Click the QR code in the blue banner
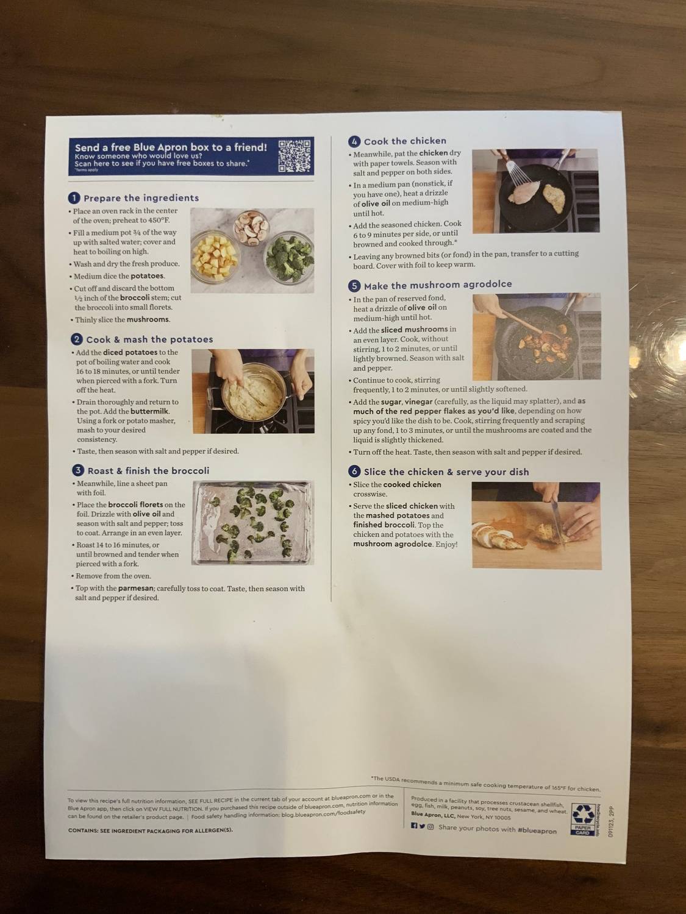(x=295, y=155)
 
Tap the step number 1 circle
(x=74, y=197)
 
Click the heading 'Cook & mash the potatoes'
(x=149, y=339)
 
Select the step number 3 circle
(x=77, y=470)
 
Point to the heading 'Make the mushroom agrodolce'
(x=437, y=285)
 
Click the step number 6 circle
(x=354, y=472)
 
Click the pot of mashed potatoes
(x=252, y=392)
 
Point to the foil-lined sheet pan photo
(x=252, y=523)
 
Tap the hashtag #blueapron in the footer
(x=537, y=830)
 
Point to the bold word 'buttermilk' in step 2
(x=149, y=411)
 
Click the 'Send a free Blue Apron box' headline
(x=171, y=147)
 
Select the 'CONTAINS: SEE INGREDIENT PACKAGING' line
(x=150, y=830)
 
